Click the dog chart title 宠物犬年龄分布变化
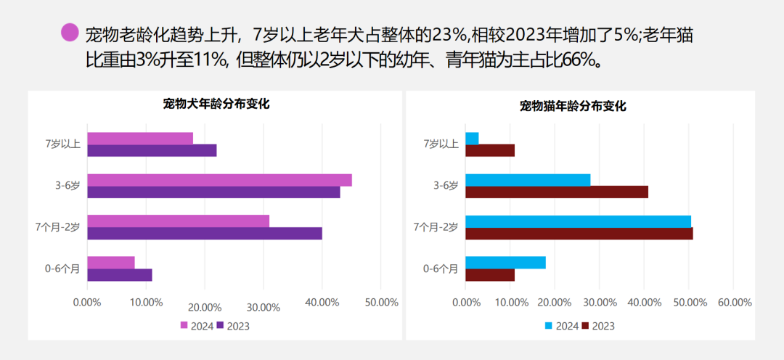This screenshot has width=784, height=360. click(216, 104)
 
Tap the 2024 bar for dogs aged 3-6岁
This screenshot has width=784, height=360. click(219, 180)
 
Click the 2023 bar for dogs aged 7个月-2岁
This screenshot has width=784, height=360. click(204, 234)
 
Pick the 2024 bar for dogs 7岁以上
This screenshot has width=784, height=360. click(140, 139)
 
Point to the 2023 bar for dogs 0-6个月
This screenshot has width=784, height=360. click(119, 275)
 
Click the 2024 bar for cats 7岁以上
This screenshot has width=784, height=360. click(472, 139)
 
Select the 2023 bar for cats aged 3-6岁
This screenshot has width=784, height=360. click(556, 192)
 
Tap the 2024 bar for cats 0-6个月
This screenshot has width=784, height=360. click(505, 263)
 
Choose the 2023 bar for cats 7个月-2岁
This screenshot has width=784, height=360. click(579, 234)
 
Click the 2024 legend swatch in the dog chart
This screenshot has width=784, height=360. click(184, 326)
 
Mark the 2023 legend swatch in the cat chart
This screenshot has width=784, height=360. click(586, 326)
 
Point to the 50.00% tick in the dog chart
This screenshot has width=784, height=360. click(381, 303)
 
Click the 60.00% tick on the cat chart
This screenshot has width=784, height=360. click(734, 303)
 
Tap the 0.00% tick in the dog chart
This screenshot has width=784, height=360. click(87, 303)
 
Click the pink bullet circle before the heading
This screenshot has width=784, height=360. click(70, 33)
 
